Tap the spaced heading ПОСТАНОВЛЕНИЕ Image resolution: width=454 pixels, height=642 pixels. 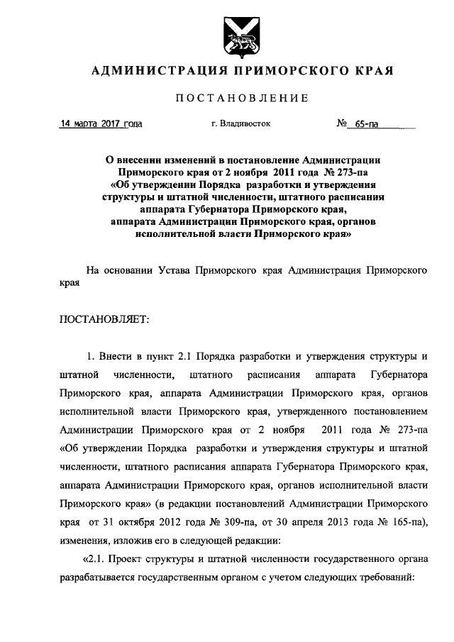241,98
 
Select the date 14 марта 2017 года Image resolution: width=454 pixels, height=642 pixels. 101,123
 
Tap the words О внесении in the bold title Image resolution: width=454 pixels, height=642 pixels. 140,161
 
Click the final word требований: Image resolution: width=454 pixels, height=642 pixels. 386,577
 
